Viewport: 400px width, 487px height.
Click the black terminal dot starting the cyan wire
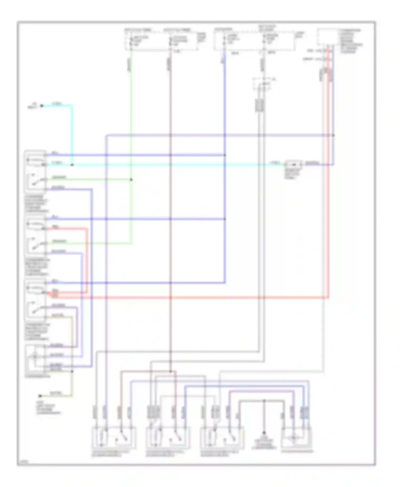coord(42,106)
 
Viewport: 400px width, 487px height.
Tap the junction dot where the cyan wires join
coord(72,165)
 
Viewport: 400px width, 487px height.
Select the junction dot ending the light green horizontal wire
coord(131,180)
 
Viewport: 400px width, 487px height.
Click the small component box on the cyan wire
coord(293,164)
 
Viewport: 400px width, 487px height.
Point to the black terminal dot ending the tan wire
coord(40,396)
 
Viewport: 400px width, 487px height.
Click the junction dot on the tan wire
coord(72,371)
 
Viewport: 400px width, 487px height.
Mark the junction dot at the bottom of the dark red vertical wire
coord(170,371)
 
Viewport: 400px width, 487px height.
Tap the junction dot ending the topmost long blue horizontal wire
coord(333,135)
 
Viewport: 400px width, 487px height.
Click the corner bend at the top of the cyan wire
coord(72,106)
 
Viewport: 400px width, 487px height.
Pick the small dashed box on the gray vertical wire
coord(263,84)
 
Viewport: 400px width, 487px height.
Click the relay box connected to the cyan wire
coord(35,172)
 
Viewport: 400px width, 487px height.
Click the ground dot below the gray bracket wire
coord(264,433)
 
